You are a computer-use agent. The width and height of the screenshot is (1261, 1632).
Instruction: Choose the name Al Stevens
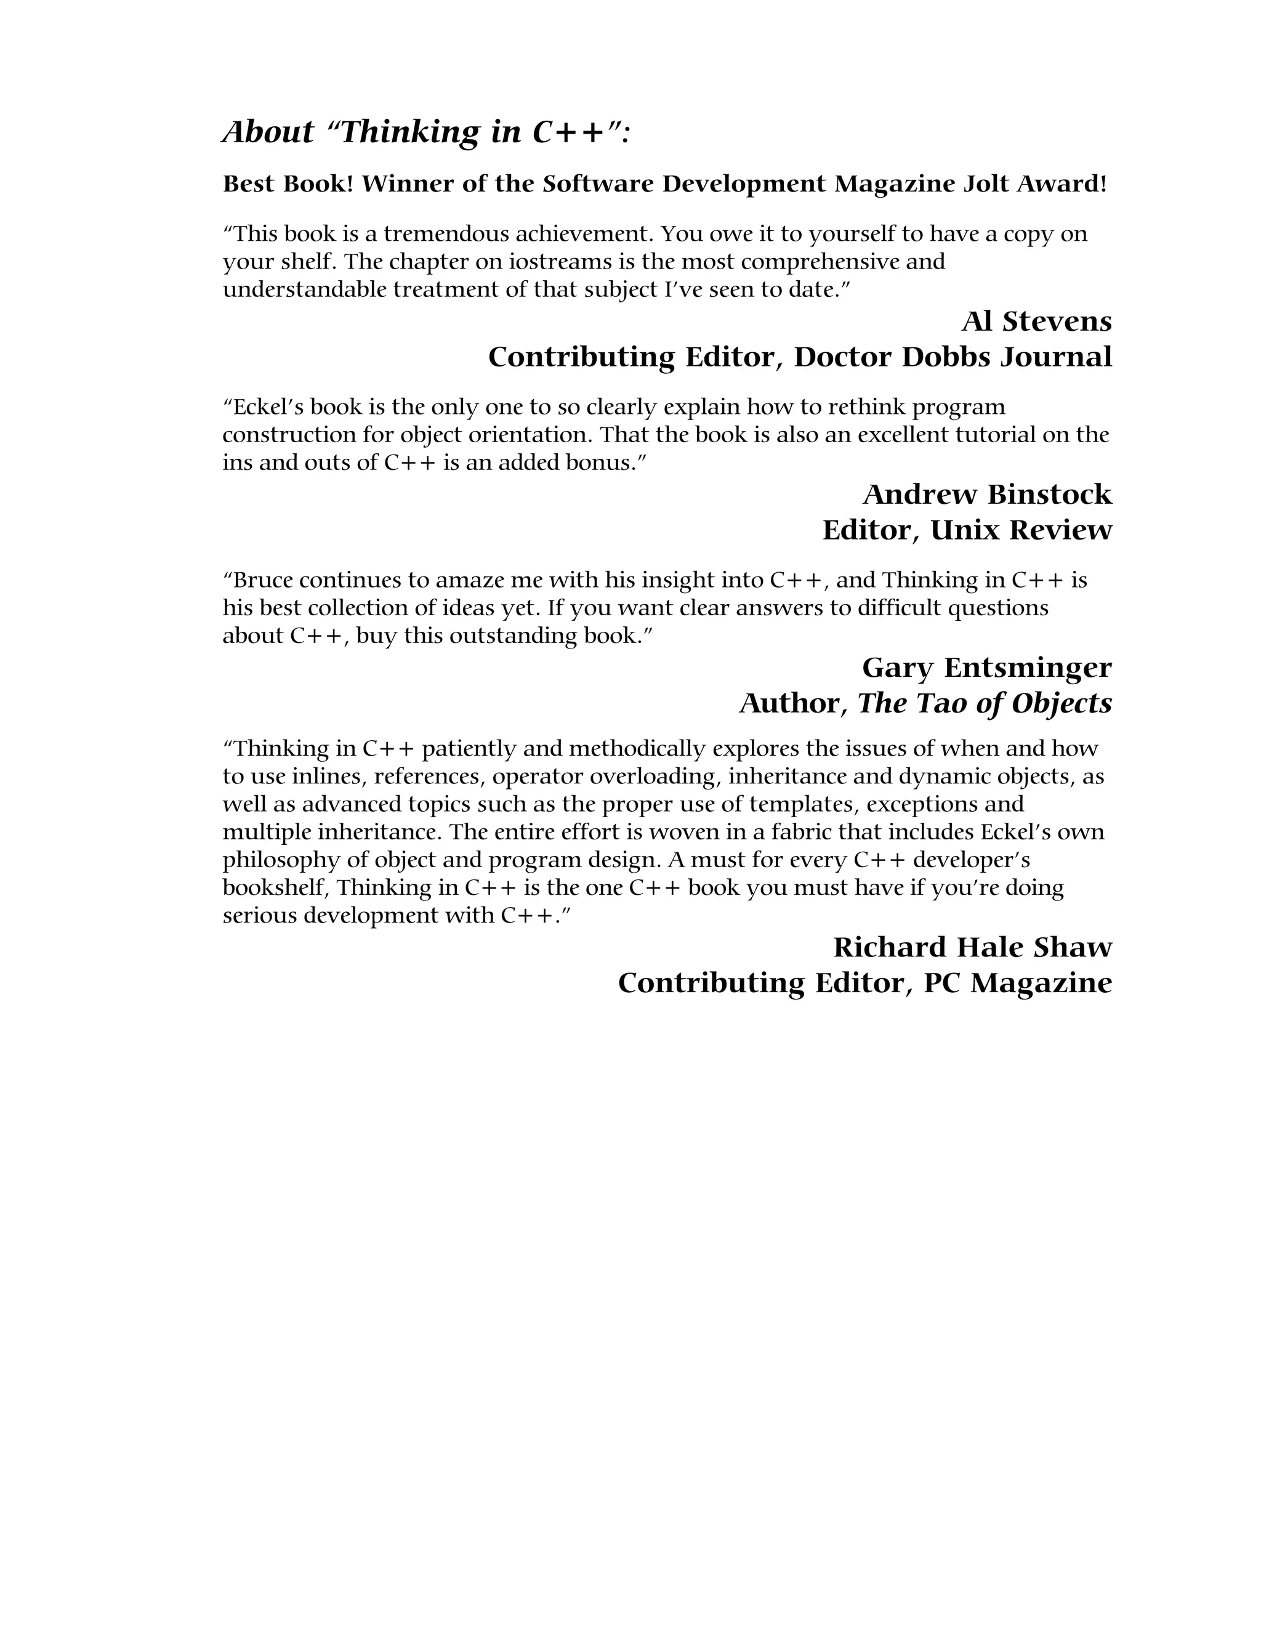tap(1036, 322)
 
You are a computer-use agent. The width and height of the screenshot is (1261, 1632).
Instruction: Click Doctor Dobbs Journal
tap(953, 357)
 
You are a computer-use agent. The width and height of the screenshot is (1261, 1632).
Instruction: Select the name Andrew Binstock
tap(987, 495)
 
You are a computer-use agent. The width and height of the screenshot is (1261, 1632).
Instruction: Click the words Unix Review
tap(1020, 530)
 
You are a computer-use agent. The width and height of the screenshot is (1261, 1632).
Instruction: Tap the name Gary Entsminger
tap(986, 668)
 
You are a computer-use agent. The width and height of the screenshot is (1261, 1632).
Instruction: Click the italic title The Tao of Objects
tap(984, 704)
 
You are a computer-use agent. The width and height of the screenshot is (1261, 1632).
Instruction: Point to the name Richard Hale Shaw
tap(972, 948)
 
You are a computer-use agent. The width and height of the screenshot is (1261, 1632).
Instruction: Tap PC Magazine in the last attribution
tap(1017, 984)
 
